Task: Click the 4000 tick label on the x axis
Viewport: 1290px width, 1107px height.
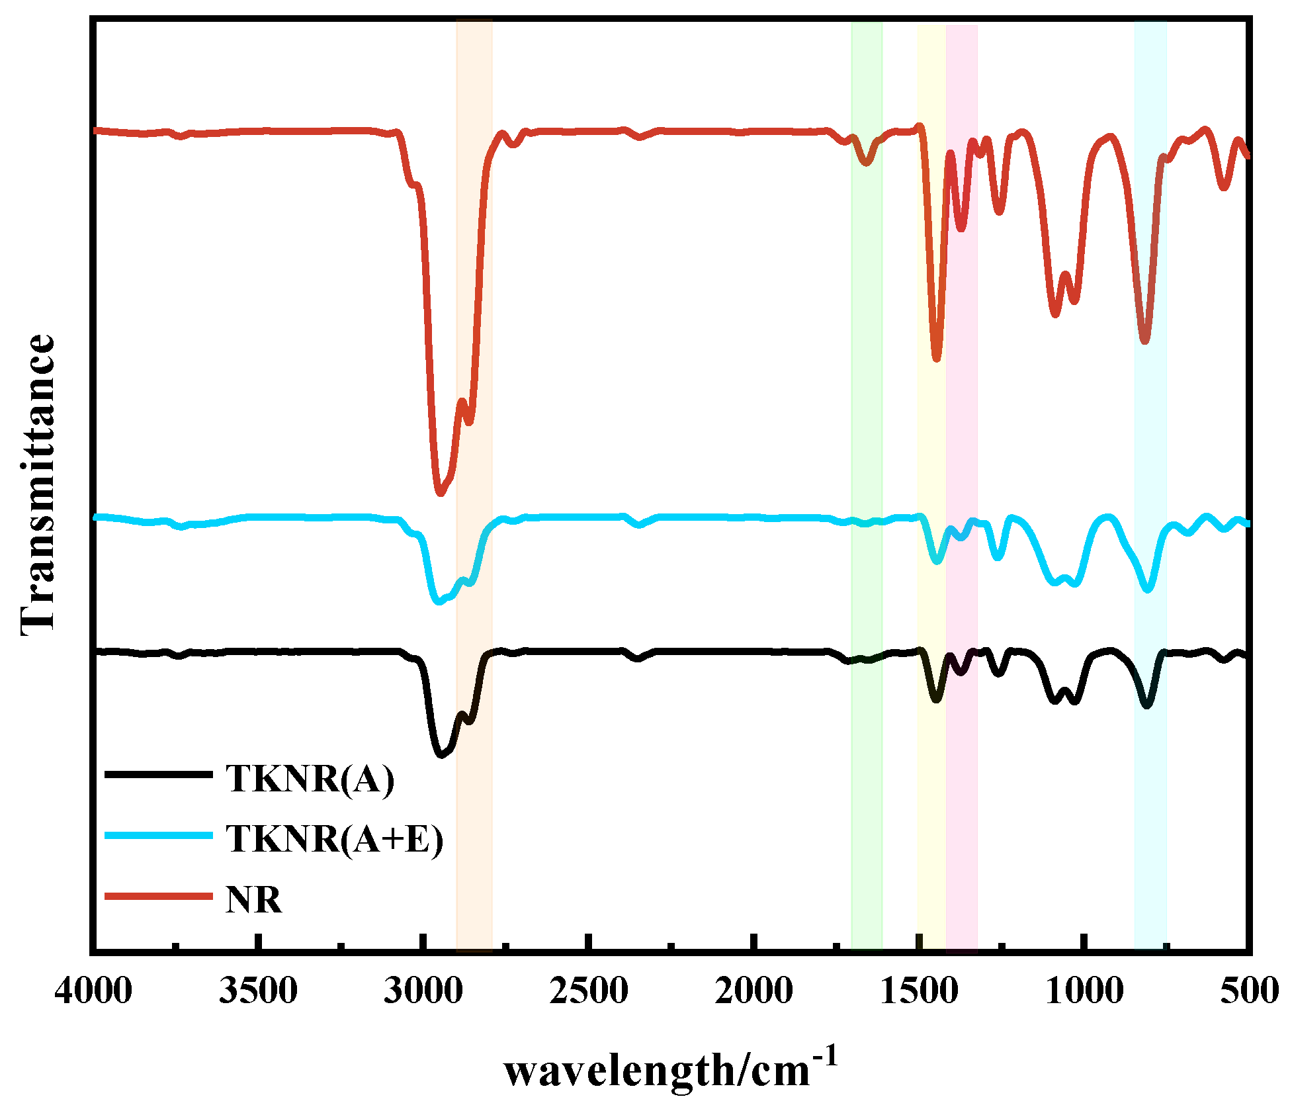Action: coord(93,992)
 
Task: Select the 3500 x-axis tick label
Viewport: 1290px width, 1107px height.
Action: coord(258,992)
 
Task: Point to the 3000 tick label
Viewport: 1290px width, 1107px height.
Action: coord(423,992)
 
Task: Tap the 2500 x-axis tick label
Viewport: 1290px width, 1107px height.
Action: coord(588,992)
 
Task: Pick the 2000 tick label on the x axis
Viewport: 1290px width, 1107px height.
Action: coord(753,992)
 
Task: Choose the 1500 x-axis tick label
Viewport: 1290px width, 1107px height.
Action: coord(919,992)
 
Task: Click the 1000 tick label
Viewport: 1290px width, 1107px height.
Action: coord(1084,992)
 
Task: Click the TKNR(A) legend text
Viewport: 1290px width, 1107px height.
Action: coord(310,779)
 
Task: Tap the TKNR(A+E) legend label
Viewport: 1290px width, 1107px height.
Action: coord(334,839)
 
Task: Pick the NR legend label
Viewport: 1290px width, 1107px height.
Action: coord(253,900)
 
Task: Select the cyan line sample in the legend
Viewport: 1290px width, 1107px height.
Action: coord(159,835)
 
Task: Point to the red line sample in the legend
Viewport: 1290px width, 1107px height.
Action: coord(159,896)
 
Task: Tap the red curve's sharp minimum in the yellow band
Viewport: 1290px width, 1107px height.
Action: coord(936,358)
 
